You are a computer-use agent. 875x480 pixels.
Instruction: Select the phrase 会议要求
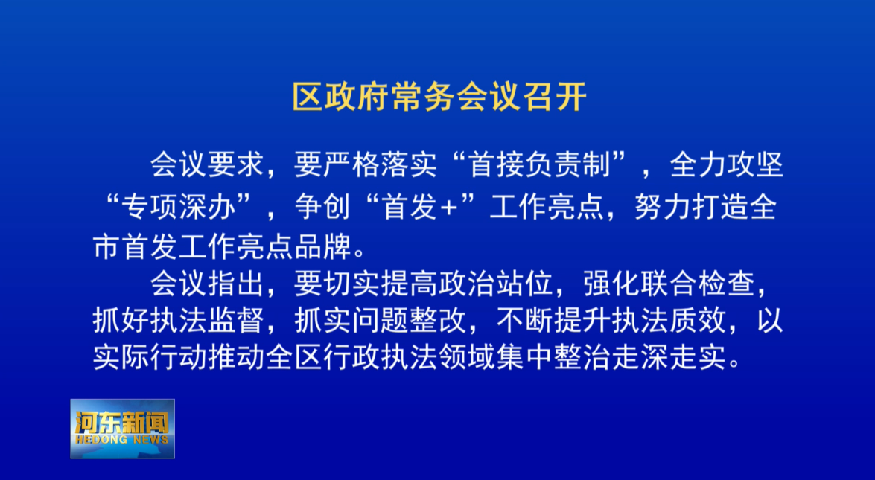coord(206,165)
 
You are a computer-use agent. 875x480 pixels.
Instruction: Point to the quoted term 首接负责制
coord(539,165)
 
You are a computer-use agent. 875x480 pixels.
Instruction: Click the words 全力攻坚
coord(727,165)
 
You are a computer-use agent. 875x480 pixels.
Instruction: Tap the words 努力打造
coord(691,207)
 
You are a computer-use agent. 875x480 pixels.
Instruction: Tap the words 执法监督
coord(206,321)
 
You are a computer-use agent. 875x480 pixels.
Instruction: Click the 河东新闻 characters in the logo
coord(121,423)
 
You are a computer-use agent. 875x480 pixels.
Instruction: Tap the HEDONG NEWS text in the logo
coord(121,441)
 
